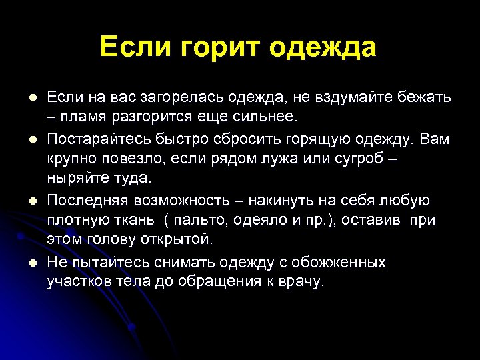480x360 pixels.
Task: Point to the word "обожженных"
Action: pos(341,262)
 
